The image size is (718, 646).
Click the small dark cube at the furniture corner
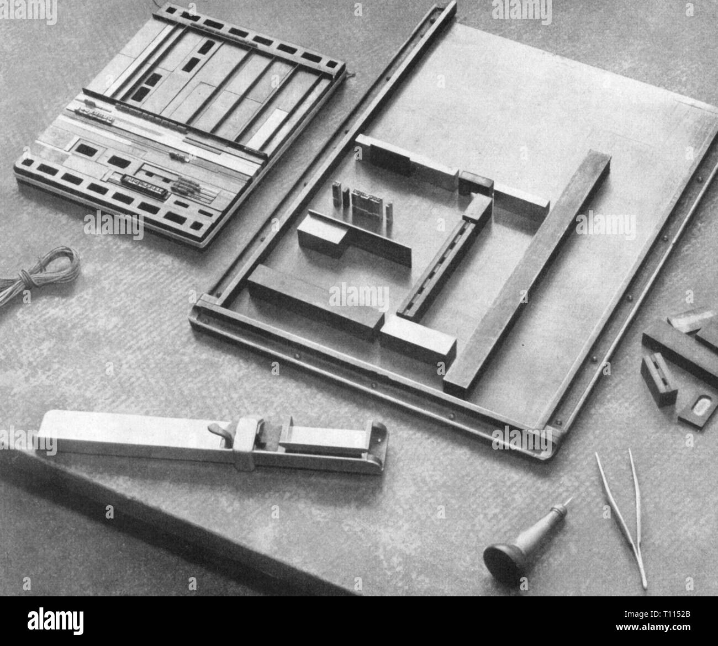click(x=475, y=183)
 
